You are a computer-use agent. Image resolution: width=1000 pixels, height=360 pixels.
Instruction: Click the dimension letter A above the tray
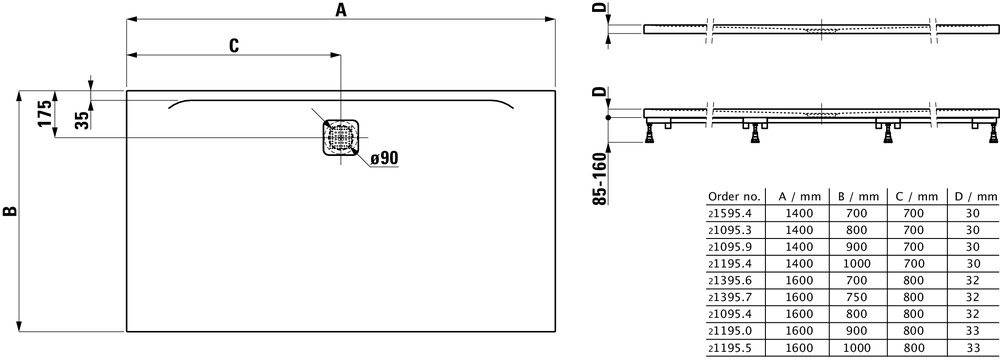(x=341, y=10)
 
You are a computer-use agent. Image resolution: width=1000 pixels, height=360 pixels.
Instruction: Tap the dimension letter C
(x=234, y=45)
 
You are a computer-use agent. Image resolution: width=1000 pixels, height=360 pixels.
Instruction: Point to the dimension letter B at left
(x=9, y=211)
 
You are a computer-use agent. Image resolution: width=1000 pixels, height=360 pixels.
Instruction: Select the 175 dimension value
(x=43, y=114)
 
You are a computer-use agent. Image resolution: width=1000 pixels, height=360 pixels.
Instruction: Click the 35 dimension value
(x=82, y=120)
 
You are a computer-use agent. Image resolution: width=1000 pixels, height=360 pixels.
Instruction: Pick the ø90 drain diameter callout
(x=385, y=157)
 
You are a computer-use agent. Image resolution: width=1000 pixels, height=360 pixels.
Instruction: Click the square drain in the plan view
(x=341, y=137)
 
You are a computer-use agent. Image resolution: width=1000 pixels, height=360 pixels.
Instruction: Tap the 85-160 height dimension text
(x=599, y=180)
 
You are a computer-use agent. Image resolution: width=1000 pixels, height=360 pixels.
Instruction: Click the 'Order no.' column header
(x=734, y=197)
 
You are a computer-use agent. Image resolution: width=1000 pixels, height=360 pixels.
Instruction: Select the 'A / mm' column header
(x=800, y=197)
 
